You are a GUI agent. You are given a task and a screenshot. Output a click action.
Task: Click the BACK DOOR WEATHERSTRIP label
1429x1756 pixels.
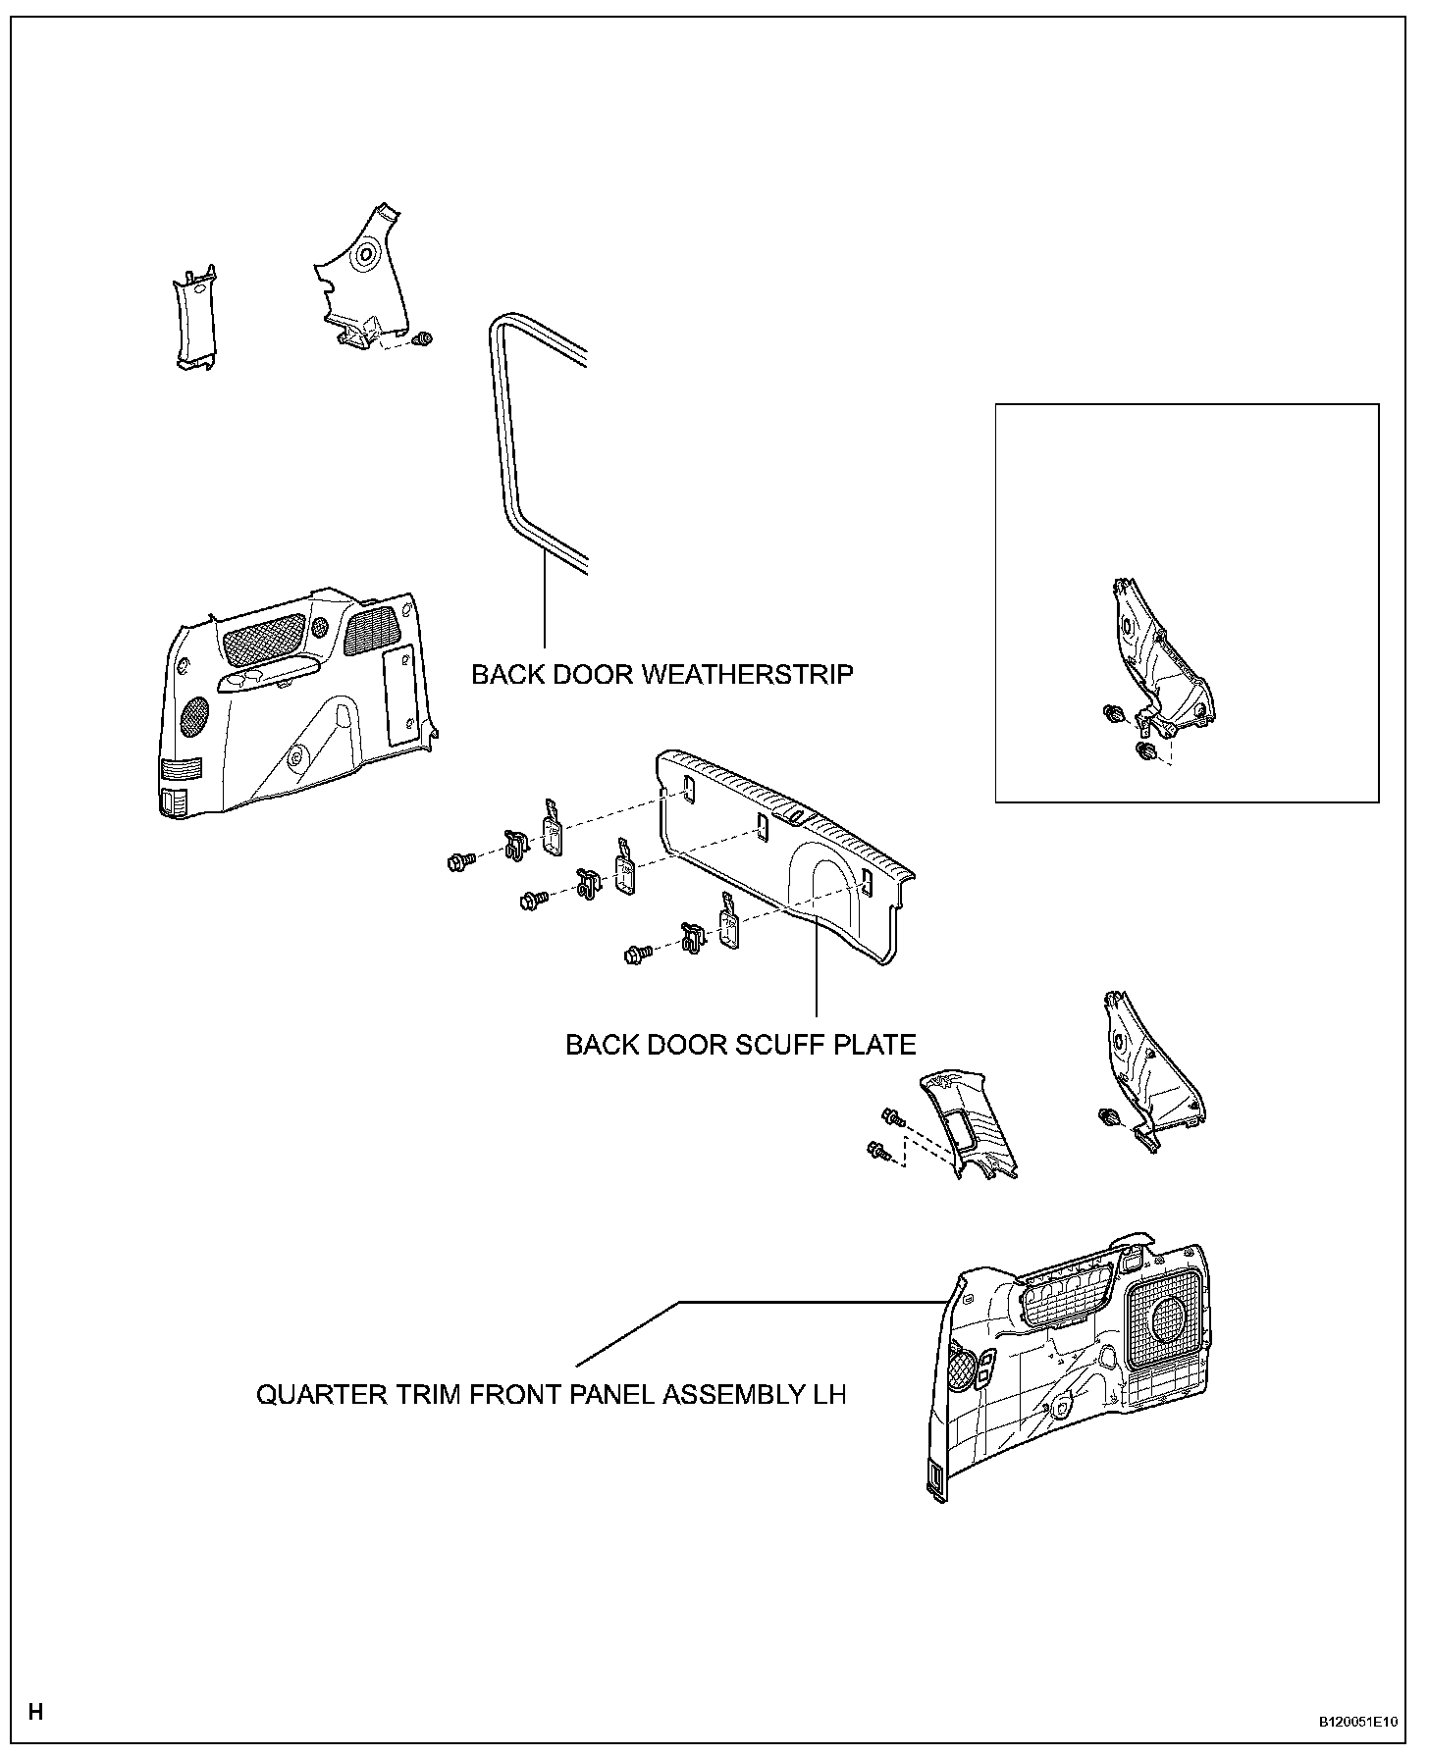[x=662, y=675]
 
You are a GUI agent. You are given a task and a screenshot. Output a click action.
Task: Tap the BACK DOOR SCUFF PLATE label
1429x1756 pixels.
[x=740, y=1045]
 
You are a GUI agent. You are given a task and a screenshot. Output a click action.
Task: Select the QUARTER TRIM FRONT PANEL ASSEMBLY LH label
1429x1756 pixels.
[x=551, y=1394]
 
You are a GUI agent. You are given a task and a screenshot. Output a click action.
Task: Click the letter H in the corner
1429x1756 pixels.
[x=35, y=1713]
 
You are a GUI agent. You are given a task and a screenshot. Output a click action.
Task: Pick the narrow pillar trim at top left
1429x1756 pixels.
[x=194, y=319]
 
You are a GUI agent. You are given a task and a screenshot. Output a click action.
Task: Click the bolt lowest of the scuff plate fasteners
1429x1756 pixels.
[x=637, y=953]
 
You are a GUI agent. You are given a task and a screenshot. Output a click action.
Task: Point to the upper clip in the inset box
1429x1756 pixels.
[x=1113, y=713]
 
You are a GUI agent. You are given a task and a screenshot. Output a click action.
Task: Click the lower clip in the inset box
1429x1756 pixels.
[x=1144, y=751]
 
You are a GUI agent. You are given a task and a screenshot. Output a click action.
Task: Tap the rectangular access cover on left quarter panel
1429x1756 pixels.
[x=398, y=693]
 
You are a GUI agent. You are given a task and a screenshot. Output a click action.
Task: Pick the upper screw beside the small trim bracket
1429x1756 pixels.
[x=891, y=1116]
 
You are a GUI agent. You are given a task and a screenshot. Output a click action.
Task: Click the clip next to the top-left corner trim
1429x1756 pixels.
[x=424, y=339]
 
